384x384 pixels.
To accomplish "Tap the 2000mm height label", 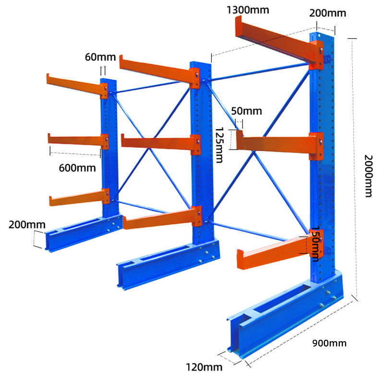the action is (369, 176).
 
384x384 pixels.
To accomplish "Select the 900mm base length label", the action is (329, 343).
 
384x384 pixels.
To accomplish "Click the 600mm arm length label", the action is (77, 168).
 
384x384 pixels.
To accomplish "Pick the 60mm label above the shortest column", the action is (100, 57).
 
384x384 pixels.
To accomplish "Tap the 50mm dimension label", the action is (246, 111).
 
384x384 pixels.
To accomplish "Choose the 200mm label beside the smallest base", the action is (27, 225).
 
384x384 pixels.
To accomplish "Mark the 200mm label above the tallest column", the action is (327, 13).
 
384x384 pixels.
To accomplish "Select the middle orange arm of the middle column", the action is (158, 143).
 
